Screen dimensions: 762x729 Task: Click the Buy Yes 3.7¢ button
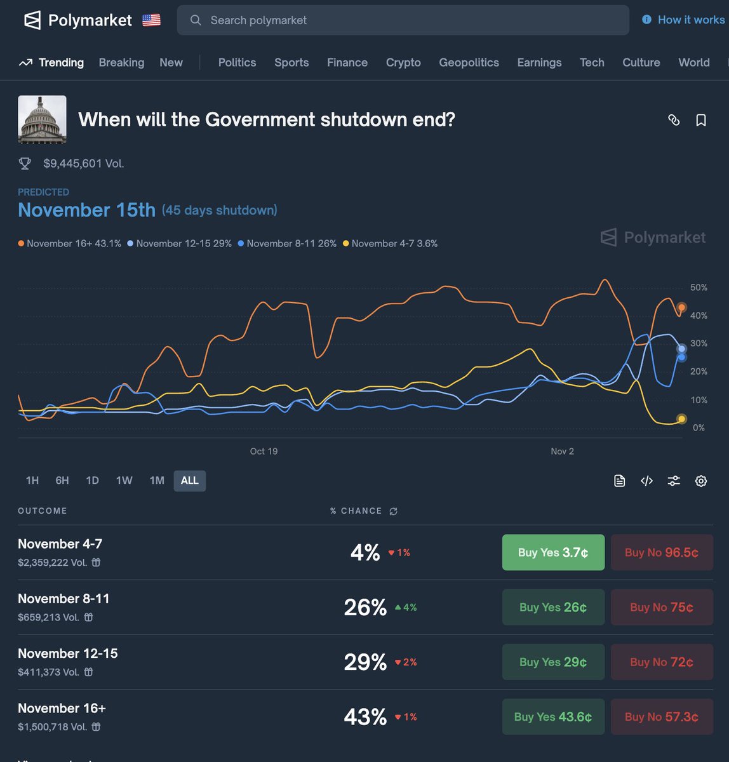[x=552, y=552]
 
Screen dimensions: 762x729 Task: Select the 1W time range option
[x=124, y=481]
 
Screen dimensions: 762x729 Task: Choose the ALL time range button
[x=189, y=481]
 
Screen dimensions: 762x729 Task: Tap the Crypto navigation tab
[x=403, y=62]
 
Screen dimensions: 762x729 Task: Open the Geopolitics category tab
[x=469, y=62]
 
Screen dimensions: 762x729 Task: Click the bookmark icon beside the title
[x=701, y=120]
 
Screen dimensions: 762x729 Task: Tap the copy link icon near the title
[x=674, y=120]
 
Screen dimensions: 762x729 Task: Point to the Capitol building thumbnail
[x=42, y=119]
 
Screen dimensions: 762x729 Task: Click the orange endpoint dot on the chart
[x=681, y=307]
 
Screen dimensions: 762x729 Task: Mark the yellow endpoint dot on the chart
[x=681, y=418]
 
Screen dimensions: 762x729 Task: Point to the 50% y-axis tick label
[x=699, y=288]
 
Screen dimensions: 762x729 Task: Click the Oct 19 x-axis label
[x=264, y=451]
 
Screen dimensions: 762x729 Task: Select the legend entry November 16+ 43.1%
[x=70, y=244]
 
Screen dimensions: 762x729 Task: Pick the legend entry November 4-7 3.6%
[x=390, y=244]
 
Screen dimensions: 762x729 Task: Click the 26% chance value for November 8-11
[x=365, y=608]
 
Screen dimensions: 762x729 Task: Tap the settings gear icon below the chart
[x=701, y=481]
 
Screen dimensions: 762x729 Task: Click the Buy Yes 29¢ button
[x=552, y=662]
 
